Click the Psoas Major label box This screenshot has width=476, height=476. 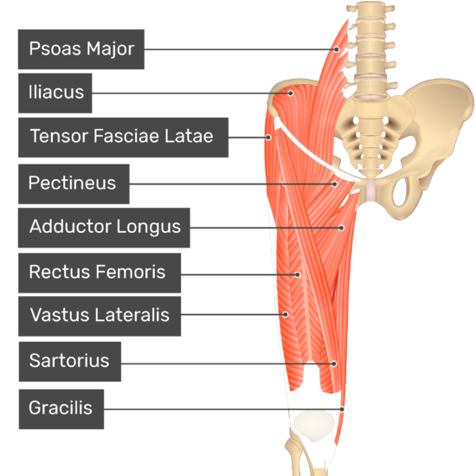click(x=81, y=49)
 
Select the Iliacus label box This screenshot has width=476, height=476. click(x=55, y=93)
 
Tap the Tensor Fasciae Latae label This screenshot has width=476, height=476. click(x=123, y=138)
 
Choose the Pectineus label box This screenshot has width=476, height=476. click(x=74, y=184)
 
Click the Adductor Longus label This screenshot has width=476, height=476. click(x=104, y=228)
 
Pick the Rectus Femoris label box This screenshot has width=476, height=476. click(x=100, y=273)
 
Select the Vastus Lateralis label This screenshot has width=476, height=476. click(x=100, y=316)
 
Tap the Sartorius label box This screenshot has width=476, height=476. click(x=70, y=362)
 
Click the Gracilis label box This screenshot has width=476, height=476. click(x=61, y=409)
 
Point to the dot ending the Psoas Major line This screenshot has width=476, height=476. click(x=337, y=49)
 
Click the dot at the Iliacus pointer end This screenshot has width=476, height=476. click(x=291, y=93)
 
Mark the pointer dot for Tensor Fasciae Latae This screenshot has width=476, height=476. click(x=268, y=138)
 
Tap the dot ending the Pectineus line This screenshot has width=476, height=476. click(x=335, y=184)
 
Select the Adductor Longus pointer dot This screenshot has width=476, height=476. click(x=342, y=228)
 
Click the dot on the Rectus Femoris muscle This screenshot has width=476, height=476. click(x=298, y=274)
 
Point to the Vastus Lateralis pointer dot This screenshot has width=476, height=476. click(x=286, y=314)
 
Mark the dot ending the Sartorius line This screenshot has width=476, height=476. click(x=334, y=363)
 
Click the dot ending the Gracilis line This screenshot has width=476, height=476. click(x=342, y=409)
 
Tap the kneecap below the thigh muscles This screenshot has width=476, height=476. click(x=315, y=426)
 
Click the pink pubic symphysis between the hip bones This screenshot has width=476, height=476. click(x=370, y=190)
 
